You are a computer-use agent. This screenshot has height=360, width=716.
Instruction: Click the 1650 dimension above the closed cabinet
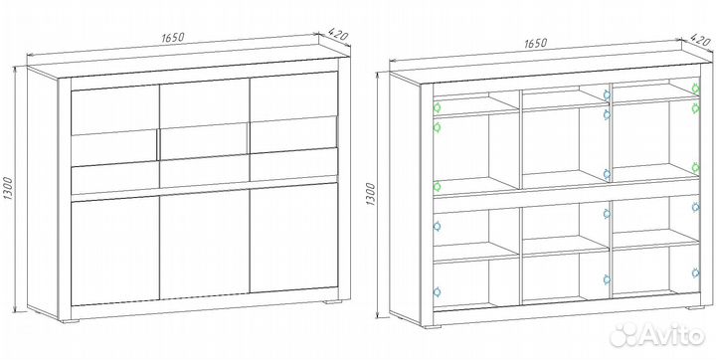click(173, 38)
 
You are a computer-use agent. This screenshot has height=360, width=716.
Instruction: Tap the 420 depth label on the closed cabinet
click(338, 34)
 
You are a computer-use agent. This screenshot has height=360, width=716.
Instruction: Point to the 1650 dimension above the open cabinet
click(535, 44)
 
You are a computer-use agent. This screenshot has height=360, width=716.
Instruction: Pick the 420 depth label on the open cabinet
click(701, 39)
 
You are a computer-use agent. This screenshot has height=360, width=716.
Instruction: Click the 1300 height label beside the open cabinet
click(370, 194)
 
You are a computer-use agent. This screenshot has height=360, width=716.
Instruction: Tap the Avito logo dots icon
click(625, 335)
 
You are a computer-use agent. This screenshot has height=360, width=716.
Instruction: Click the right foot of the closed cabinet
click(333, 302)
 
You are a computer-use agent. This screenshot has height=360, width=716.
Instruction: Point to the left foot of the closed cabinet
click(70, 320)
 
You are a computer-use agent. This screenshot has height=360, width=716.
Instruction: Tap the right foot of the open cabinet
click(696, 307)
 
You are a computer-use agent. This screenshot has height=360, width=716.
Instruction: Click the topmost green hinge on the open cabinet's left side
click(437, 108)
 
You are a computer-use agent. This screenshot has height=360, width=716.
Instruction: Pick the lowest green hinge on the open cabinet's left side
click(437, 186)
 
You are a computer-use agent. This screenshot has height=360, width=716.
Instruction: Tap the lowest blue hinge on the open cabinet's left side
click(437, 291)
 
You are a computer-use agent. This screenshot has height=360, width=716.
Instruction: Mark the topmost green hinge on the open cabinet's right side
click(695, 89)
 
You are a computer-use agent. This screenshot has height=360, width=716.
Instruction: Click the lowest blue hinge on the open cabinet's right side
click(695, 273)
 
